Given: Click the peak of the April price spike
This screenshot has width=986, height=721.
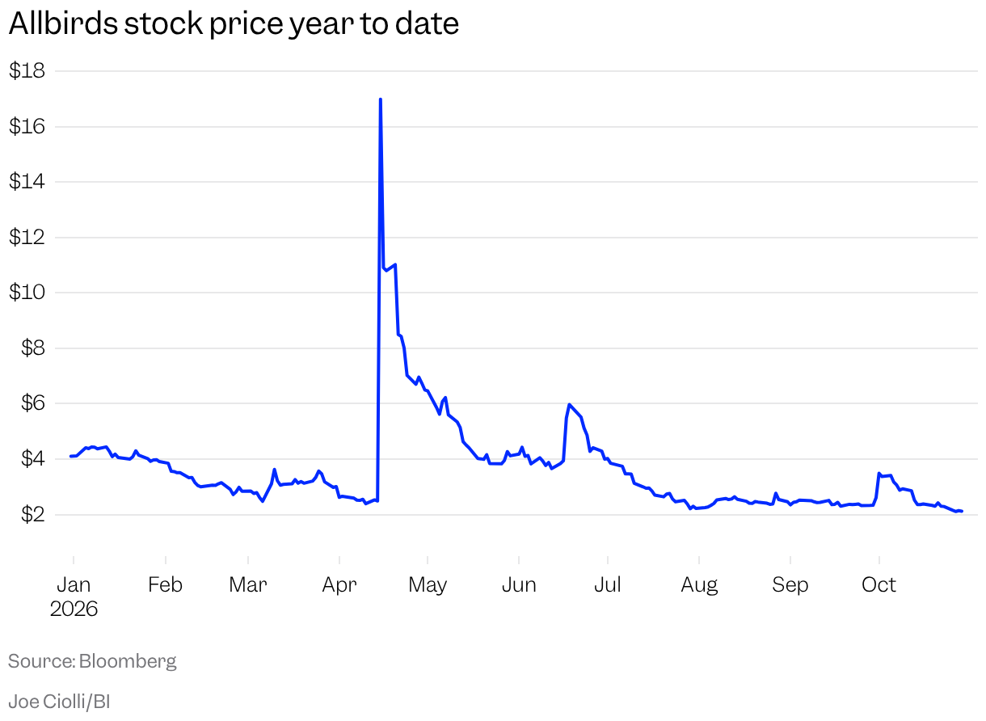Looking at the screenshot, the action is tap(381, 99).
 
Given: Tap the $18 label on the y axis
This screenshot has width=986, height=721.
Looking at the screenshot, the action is tap(27, 70).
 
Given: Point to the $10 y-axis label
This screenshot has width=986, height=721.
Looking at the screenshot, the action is tap(27, 292).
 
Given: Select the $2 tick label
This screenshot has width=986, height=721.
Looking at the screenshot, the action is tap(33, 514).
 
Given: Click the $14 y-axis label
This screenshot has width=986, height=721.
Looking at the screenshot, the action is tap(27, 181).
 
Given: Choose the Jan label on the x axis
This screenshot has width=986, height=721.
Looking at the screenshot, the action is tap(74, 585).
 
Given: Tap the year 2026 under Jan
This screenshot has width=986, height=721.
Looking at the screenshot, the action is tap(74, 609).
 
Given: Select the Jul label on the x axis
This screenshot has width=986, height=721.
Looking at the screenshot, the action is tap(608, 585).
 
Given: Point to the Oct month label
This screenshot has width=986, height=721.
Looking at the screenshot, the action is tap(879, 585).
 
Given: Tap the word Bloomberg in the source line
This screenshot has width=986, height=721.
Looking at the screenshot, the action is tap(128, 661).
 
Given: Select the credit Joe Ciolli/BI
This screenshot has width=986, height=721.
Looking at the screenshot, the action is tap(59, 702).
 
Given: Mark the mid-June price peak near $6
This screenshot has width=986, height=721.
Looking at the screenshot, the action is tap(569, 404).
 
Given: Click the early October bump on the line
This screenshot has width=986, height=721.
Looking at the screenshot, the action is tap(879, 474).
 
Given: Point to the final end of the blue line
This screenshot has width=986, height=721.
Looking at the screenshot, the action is tap(963, 511).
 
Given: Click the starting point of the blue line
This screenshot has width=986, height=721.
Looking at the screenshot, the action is tap(71, 456).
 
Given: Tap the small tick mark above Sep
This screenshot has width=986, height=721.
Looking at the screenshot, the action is tap(790, 560).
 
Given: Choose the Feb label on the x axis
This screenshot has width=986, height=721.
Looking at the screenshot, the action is tap(165, 585).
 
